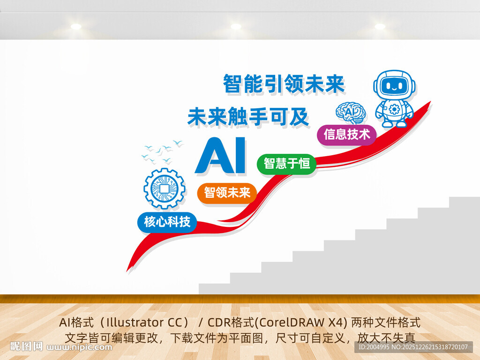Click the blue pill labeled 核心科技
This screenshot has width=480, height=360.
coord(167,222)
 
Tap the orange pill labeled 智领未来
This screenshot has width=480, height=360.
coord(227,192)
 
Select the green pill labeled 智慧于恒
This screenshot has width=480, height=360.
coord(286,164)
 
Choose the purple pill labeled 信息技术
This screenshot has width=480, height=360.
coord(346,135)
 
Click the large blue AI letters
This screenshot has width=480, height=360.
coord(220,155)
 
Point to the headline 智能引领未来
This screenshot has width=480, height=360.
coord(284,84)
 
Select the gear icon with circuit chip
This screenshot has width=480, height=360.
coord(164,188)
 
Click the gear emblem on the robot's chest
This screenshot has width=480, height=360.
coord(394,109)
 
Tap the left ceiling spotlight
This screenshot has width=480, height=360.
coord(76,26)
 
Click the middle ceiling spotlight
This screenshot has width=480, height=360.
coord(236,26)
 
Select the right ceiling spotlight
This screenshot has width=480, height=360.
coord(380,26)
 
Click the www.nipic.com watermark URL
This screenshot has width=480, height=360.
coord(80,347)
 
